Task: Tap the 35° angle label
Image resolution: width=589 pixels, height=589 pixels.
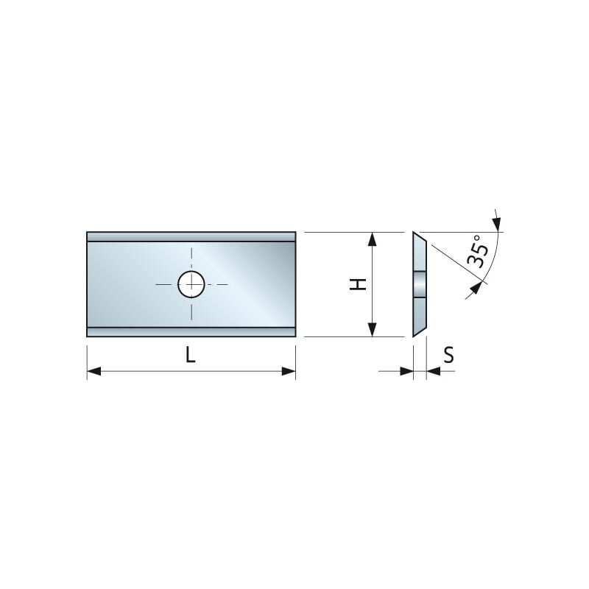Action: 477,251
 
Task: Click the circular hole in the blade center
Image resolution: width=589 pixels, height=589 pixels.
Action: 191,283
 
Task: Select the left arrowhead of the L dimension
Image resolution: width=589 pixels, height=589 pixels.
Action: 94,372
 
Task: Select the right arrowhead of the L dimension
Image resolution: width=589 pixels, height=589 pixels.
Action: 289,372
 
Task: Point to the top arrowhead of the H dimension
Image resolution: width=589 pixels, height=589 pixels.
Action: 373,239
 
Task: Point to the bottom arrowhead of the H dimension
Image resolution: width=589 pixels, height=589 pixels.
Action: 373,330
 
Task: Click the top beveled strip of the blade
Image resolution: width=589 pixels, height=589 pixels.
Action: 191,237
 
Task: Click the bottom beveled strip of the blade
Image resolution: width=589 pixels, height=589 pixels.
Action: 191,332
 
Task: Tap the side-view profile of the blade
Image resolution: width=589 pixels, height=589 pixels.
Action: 419,284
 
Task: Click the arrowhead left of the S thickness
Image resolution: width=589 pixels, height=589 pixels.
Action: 406,371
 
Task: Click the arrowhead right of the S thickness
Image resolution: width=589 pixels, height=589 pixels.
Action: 433,371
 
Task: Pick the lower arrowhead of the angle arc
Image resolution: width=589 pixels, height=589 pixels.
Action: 476,287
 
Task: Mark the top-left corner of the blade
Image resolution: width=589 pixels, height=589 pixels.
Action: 88,233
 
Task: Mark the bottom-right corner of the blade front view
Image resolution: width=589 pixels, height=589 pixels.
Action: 295,336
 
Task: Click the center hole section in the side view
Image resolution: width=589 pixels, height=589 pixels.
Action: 419,283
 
